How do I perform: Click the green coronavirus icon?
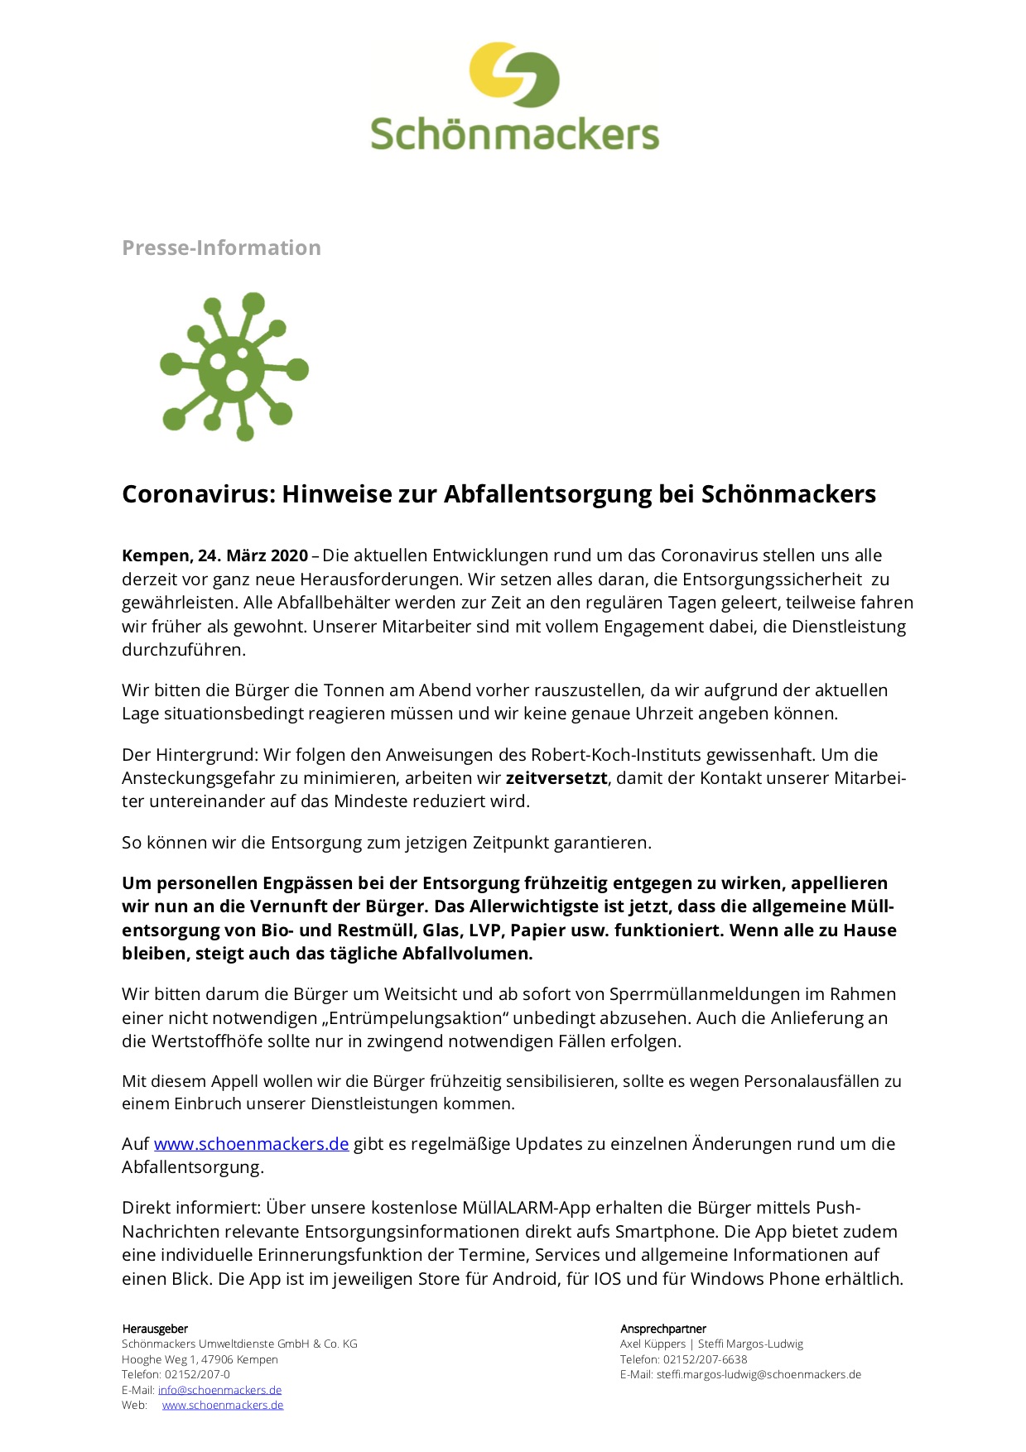[234, 367]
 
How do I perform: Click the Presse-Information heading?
[221, 248]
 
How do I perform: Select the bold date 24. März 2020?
[253, 555]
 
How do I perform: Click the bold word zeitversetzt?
[556, 778]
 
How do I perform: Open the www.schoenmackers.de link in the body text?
[251, 1144]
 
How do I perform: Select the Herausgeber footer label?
[155, 1329]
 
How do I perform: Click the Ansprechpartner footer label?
[663, 1329]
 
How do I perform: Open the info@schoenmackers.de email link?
[219, 1390]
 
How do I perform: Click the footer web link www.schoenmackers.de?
[223, 1405]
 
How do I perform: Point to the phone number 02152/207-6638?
[705, 1359]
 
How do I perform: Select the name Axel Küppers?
[653, 1344]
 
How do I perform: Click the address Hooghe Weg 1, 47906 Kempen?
[200, 1359]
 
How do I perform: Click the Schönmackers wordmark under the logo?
[514, 134]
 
